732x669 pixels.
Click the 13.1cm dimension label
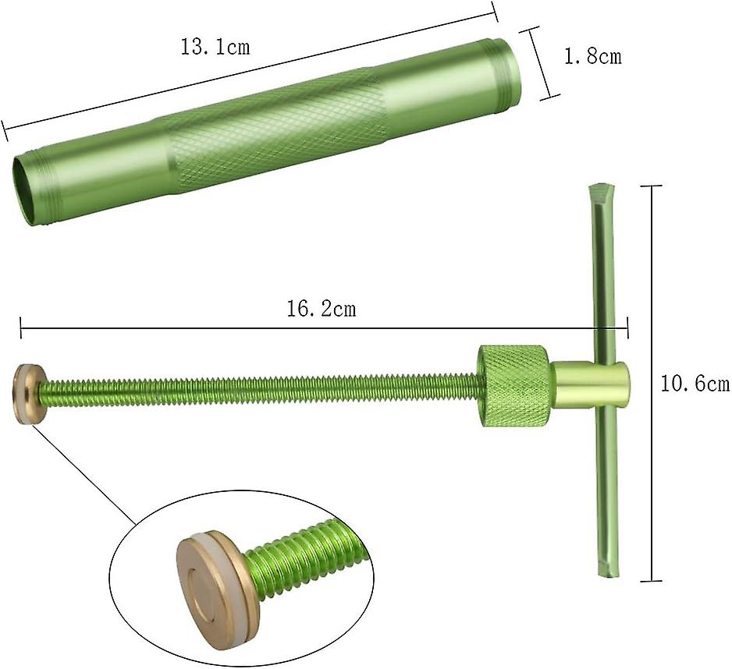[215, 47]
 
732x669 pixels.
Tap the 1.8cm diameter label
[593, 56]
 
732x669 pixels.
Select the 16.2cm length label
[321, 309]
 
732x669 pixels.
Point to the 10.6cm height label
[695, 384]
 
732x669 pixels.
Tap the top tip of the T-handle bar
[601, 186]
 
